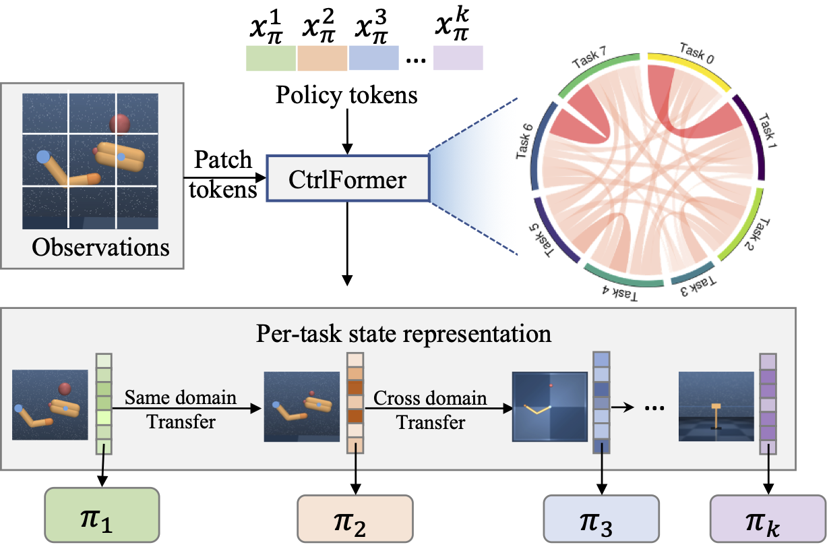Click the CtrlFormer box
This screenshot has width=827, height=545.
[347, 178]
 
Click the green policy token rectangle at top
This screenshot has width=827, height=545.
[271, 58]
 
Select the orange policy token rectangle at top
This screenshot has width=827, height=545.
[322, 58]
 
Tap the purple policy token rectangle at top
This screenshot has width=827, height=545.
[458, 58]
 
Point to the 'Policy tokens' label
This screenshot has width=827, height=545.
[346, 95]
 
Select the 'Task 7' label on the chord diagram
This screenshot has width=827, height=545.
[590, 58]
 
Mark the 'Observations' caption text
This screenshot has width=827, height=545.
[100, 247]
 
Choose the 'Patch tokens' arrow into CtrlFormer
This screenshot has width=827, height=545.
[223, 178]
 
